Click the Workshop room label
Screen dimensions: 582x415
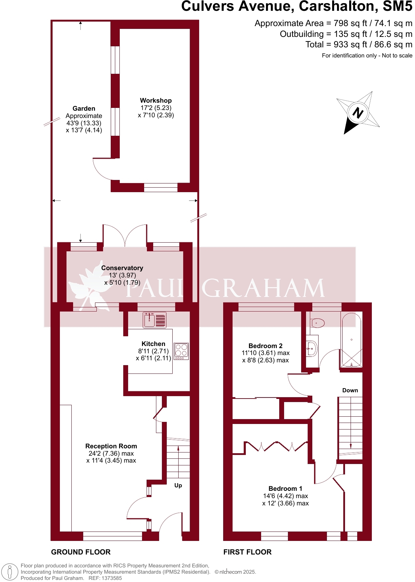(156, 101)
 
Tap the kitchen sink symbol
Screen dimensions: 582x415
(155, 320)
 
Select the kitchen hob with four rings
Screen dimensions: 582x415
(181, 351)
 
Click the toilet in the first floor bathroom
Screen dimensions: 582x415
(317, 323)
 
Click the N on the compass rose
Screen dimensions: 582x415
(358, 112)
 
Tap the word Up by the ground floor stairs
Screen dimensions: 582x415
(178, 486)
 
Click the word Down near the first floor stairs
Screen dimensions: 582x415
(350, 391)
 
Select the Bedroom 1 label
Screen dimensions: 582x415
(285, 489)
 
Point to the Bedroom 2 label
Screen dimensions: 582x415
(265, 346)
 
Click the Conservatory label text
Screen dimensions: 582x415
(122, 268)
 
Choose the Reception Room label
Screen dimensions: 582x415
(111, 446)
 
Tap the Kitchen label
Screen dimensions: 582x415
(153, 344)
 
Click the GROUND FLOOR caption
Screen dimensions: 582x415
(81, 552)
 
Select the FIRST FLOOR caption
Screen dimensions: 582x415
(247, 552)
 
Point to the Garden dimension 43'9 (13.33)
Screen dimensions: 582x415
(84, 123)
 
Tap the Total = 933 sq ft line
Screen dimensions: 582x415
(359, 45)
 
